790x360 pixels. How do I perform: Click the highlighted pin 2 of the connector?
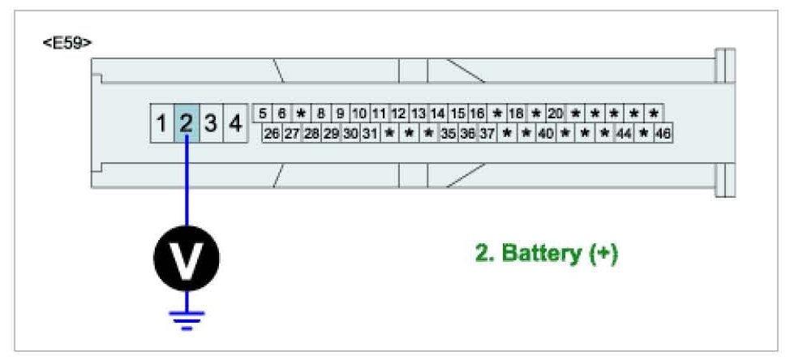coord(186,124)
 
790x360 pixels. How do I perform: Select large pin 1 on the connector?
coord(161,124)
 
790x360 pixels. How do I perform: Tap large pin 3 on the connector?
coord(210,124)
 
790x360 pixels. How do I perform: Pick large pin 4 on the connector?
coord(234,124)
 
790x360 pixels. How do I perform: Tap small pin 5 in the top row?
coord(263,114)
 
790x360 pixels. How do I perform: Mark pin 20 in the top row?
coord(556,114)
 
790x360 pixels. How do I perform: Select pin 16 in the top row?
coord(477,114)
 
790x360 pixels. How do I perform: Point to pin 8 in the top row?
coord(321,114)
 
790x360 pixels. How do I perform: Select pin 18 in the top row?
coord(516,114)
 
